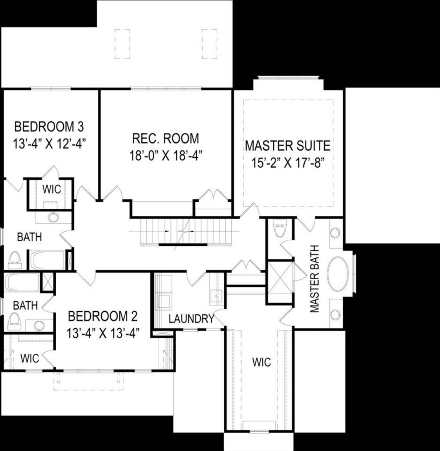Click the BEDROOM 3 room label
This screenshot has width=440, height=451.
click(49, 125)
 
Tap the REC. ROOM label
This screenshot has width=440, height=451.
click(165, 138)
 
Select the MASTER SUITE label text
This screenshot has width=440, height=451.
click(288, 146)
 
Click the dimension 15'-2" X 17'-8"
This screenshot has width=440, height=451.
click(288, 163)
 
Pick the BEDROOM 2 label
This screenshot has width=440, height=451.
click(102, 316)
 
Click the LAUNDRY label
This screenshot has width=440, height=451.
click(191, 319)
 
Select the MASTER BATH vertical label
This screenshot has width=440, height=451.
click(315, 279)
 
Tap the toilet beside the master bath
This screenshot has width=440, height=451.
click(280, 230)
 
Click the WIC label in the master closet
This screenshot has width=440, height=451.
click(261, 362)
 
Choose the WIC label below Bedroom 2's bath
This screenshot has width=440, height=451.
click(29, 358)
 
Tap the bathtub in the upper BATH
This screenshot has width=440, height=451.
click(48, 260)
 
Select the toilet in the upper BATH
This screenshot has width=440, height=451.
click(14, 259)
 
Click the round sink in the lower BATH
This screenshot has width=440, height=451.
click(39, 325)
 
